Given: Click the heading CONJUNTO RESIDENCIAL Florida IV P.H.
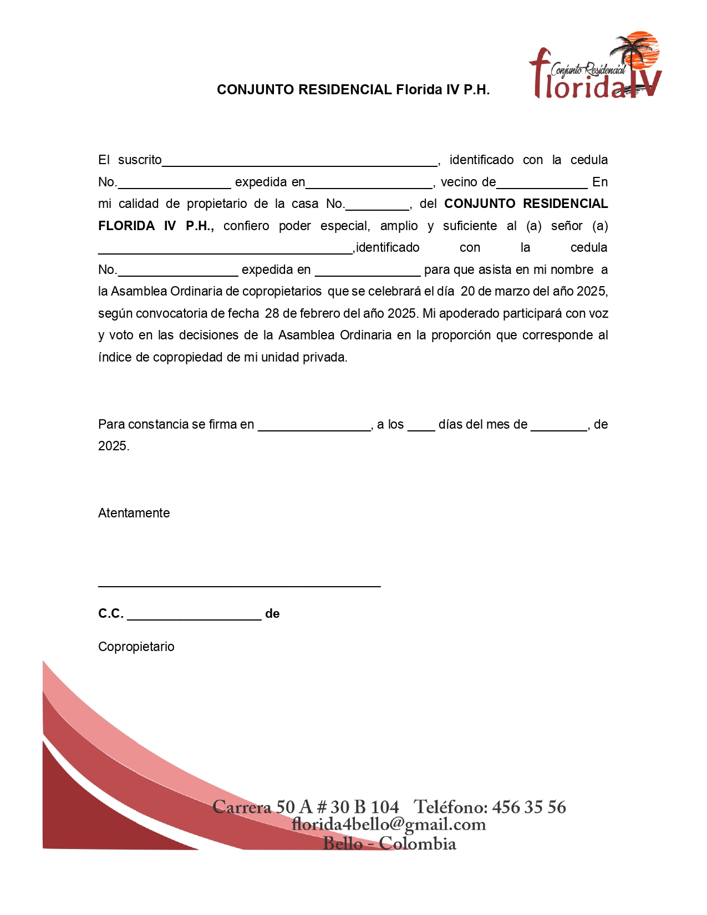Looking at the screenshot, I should [x=353, y=90].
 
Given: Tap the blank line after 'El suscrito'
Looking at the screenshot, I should [x=299, y=161].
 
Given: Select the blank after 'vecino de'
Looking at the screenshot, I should [x=542, y=183].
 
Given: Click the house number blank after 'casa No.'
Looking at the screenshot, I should [x=377, y=205].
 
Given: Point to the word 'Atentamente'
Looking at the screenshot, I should [x=134, y=513].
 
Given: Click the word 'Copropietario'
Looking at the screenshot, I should [x=136, y=647].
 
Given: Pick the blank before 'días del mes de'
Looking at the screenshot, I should [x=421, y=425].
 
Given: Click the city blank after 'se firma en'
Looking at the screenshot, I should [x=314, y=425].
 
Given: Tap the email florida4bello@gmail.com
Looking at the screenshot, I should [x=389, y=825].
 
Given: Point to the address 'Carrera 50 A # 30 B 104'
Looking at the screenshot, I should [x=306, y=807].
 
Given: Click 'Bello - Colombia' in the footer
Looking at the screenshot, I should [x=389, y=843].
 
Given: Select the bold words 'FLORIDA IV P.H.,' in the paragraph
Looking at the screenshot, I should [x=156, y=226].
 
